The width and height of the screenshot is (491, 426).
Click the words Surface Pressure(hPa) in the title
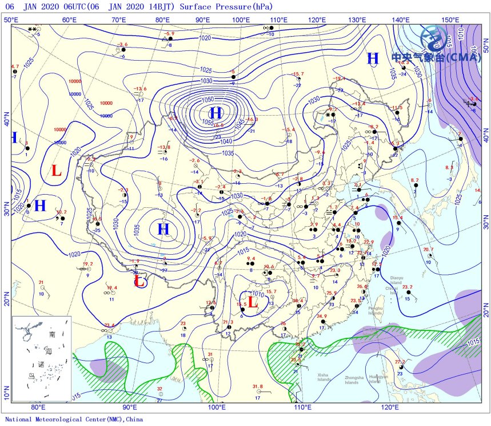pos(226,7)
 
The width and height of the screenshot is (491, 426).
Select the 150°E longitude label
pos(451,21)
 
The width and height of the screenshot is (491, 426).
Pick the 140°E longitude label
pos(401,21)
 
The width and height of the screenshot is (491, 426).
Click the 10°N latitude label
pos(6,395)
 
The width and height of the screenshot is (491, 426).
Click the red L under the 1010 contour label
pos(250,302)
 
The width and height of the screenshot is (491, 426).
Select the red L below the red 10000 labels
pos(56,170)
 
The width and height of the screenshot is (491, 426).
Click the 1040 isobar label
pos(226,141)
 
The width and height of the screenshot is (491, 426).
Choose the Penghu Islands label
pos(375,311)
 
